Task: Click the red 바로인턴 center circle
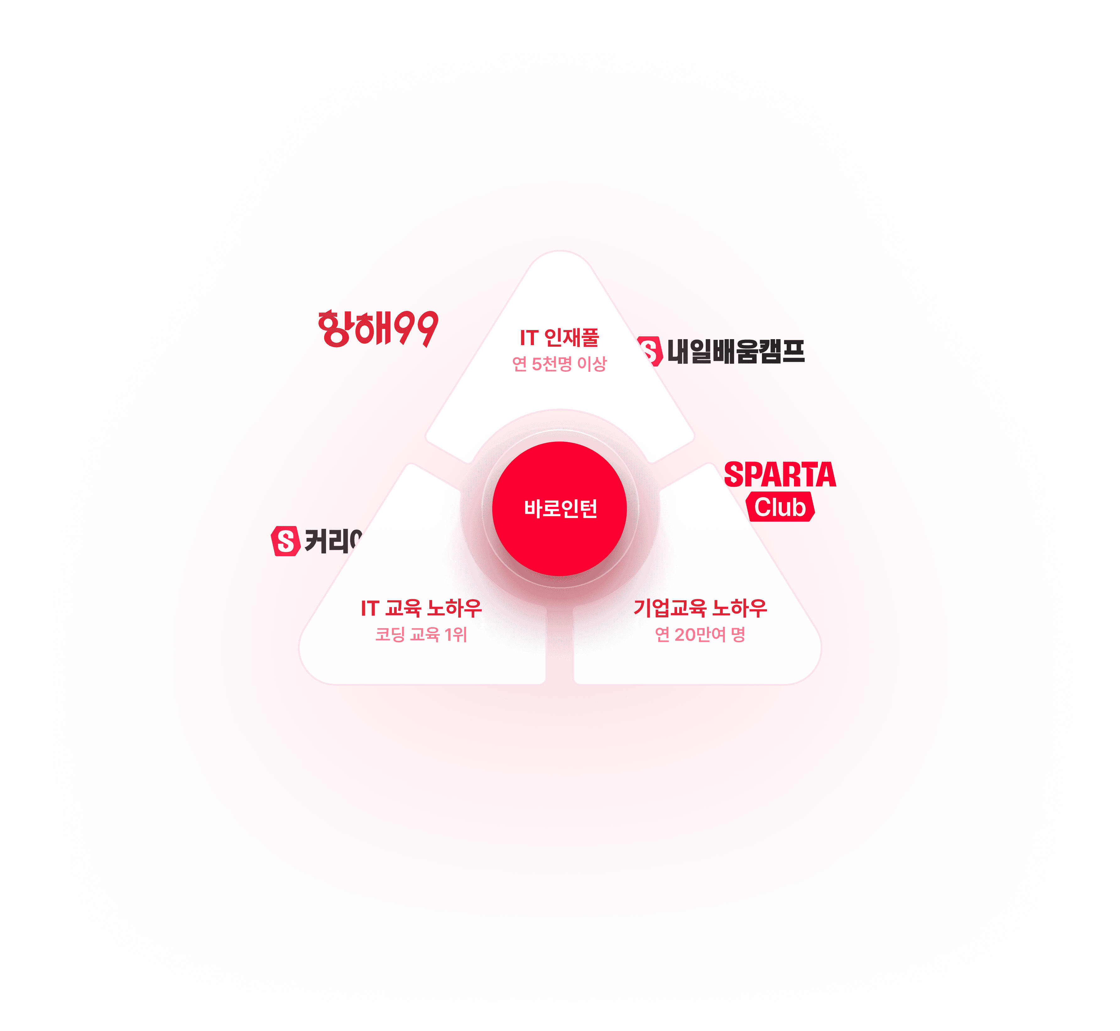point(560,508)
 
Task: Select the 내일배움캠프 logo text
point(736,351)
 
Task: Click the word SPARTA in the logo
point(780,475)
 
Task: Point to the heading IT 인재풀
point(559,338)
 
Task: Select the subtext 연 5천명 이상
point(559,364)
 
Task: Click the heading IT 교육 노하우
point(421,608)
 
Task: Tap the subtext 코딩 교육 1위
point(421,634)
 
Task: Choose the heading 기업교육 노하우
point(700,608)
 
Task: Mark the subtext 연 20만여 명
point(700,634)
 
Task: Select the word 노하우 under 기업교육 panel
point(739,608)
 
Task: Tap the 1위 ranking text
point(456,634)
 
